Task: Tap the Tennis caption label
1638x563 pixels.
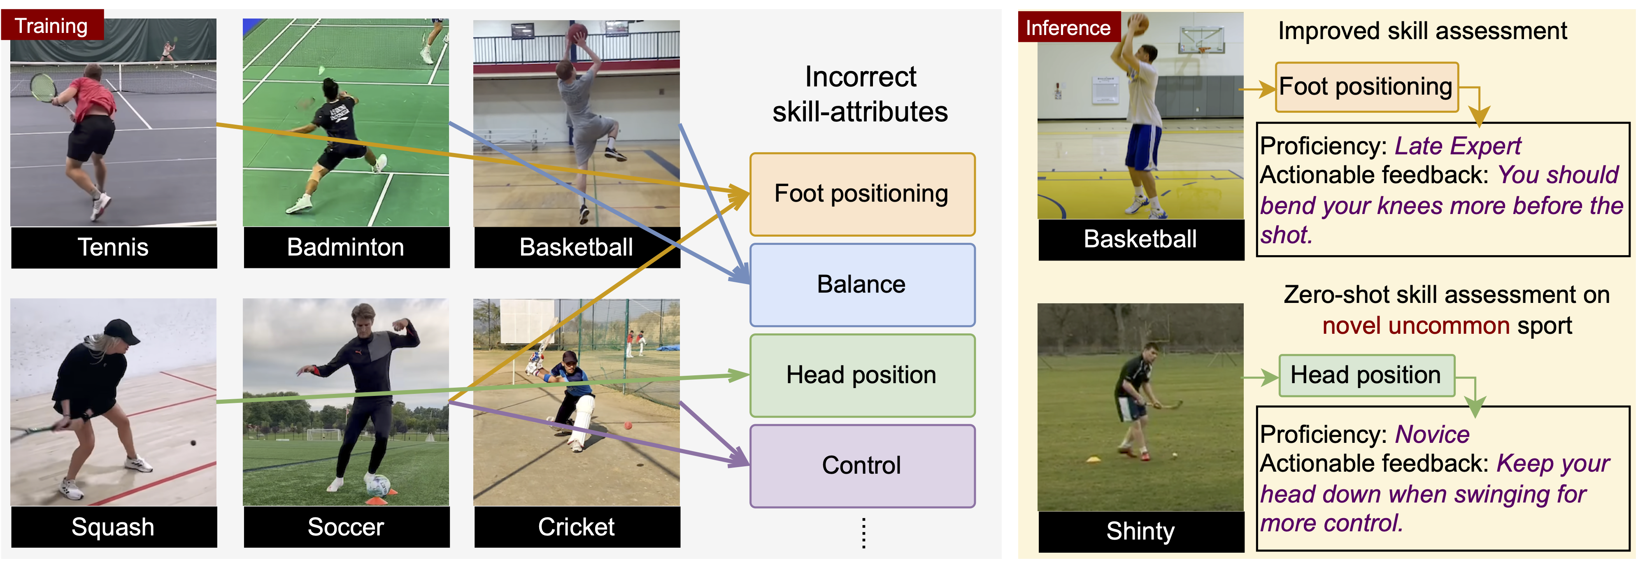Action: (113, 247)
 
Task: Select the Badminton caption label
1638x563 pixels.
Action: (345, 247)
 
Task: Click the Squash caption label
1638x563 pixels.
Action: (113, 527)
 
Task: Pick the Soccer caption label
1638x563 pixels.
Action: (345, 527)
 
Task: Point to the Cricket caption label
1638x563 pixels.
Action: (576, 527)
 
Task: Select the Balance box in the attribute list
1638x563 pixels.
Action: (862, 284)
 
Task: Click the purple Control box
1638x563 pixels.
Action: (862, 465)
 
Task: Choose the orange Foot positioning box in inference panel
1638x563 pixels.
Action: (1366, 86)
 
